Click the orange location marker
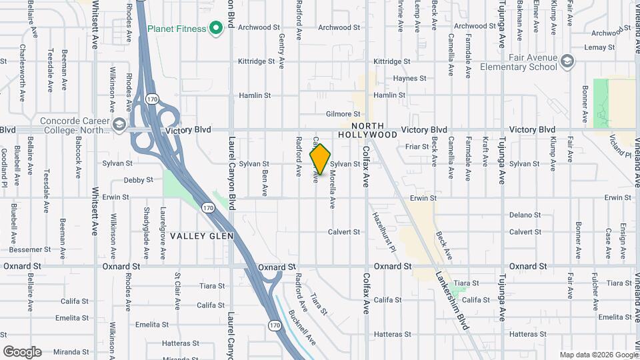tap(321, 159)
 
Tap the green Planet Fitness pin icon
tap(215, 28)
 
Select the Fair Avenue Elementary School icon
tap(567, 61)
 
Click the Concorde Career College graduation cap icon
tap(119, 124)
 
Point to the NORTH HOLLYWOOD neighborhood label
tap(368, 130)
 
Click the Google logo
tap(22, 352)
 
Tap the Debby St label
tap(138, 180)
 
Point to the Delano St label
tap(525, 215)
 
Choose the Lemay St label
tap(599, 47)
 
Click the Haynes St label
tap(409, 78)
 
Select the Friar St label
tap(416, 146)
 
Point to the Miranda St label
tap(72, 351)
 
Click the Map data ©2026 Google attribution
tap(598, 355)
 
